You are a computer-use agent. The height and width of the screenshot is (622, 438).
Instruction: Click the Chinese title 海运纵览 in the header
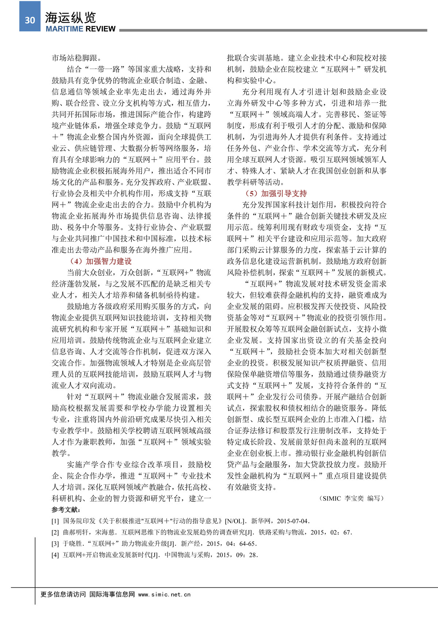pyautogui.click(x=70, y=17)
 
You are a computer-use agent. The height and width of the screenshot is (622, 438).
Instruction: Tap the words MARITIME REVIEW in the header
pyautogui.click(x=80, y=29)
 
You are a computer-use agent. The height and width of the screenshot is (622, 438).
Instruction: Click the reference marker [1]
pyautogui.click(x=55, y=521)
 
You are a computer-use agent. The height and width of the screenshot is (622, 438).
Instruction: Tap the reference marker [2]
pyautogui.click(x=55, y=532)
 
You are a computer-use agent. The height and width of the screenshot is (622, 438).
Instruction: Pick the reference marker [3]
pyautogui.click(x=55, y=544)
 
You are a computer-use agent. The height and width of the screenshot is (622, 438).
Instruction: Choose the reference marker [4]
pyautogui.click(x=55, y=555)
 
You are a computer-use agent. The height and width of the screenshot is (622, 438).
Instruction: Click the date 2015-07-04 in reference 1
pyautogui.click(x=293, y=521)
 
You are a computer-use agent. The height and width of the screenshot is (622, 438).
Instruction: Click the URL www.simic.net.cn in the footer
pyautogui.click(x=165, y=594)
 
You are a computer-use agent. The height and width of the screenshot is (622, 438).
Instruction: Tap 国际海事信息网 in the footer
pyautogui.click(x=112, y=594)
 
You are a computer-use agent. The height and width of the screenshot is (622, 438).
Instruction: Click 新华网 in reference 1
pyautogui.click(x=261, y=521)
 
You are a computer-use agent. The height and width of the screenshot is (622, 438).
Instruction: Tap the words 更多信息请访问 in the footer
pyautogui.click(x=63, y=594)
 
